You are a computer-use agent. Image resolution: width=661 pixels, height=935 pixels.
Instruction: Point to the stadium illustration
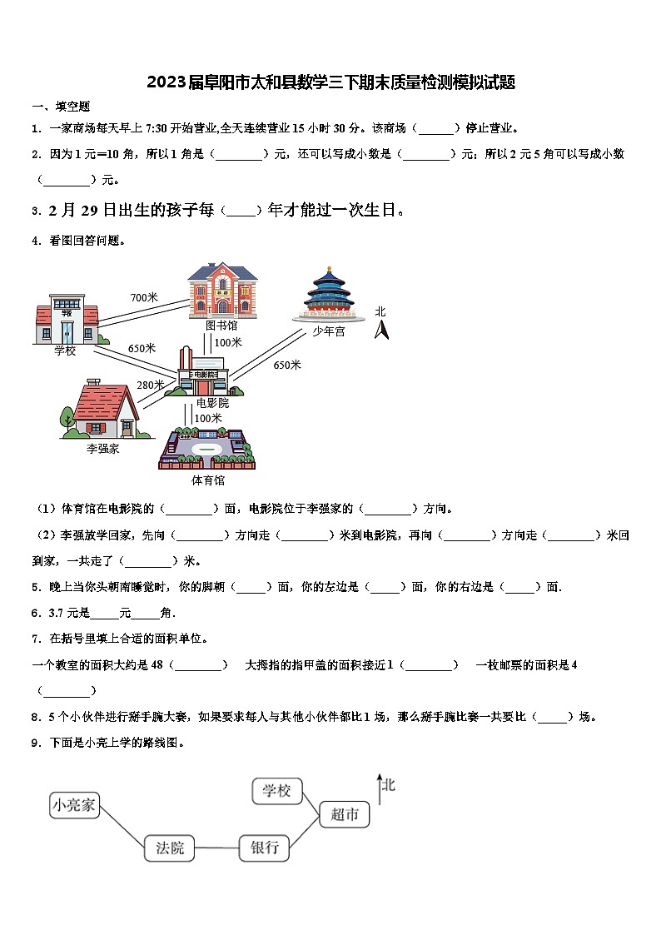point(206,450)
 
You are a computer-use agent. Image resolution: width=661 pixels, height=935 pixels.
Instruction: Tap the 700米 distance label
point(144,297)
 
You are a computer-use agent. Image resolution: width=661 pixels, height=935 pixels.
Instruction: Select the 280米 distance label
point(151,385)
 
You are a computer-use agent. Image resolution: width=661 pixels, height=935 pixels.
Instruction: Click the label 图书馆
point(221,326)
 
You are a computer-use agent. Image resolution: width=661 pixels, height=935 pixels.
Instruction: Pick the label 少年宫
point(329,331)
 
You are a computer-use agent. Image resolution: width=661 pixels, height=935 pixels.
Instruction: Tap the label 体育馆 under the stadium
point(207,480)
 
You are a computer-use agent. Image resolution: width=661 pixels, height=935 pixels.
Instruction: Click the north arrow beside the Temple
point(381,330)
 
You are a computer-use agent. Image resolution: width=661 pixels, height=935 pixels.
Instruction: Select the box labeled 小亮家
point(75,805)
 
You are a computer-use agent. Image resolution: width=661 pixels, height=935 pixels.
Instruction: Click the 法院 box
point(170,848)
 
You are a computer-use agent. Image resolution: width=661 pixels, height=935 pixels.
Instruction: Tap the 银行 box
point(265,848)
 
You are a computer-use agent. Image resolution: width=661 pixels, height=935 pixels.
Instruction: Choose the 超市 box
point(344,814)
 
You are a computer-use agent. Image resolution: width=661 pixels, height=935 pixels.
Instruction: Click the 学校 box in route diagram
point(276,790)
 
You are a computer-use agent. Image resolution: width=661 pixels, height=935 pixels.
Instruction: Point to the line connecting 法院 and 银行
point(217,848)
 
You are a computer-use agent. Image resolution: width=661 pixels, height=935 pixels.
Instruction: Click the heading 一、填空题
point(61,107)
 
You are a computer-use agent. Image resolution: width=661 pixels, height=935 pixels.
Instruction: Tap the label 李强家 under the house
point(103,449)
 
